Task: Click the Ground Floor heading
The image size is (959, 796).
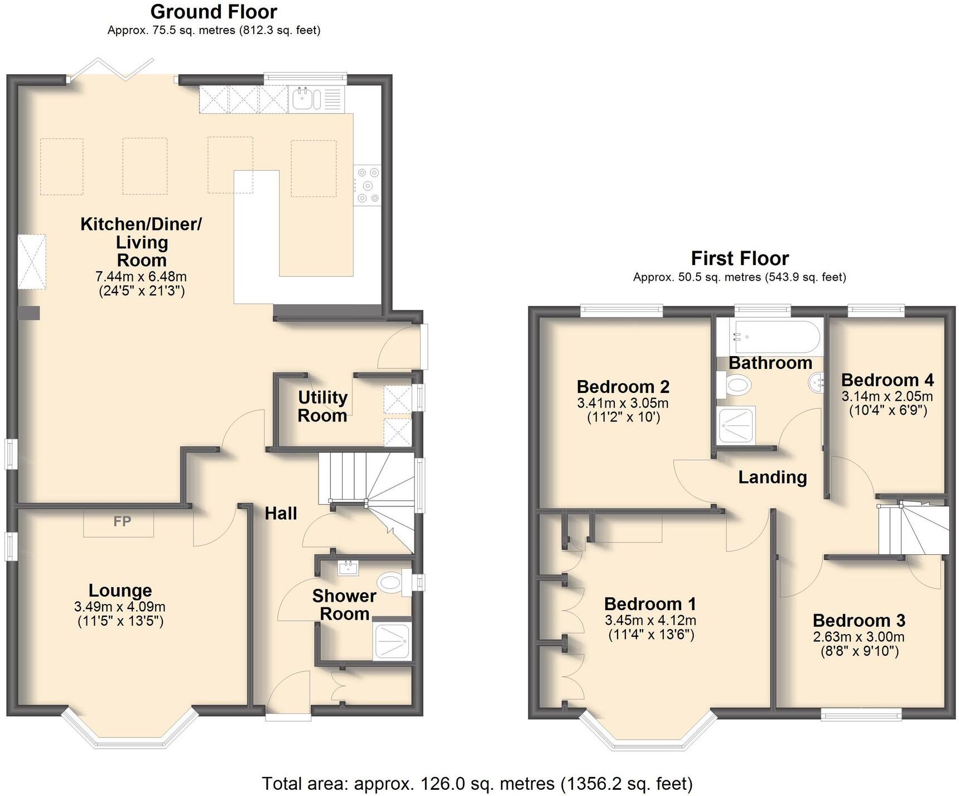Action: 214,12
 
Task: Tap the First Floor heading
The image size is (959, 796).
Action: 740,258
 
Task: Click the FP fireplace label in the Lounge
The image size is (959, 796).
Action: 122,521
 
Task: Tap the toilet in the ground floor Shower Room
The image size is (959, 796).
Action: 392,583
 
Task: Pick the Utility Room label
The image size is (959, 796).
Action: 322,406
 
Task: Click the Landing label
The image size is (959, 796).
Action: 773,477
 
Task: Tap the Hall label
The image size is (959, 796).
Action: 281,514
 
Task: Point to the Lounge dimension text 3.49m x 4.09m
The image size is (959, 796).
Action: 120,607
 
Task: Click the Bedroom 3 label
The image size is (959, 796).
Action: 859,620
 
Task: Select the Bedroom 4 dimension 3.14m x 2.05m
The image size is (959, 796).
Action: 887,397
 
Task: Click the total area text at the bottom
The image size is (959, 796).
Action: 477,784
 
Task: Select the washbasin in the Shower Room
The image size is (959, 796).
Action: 349,568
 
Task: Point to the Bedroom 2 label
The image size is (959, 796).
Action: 623,386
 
